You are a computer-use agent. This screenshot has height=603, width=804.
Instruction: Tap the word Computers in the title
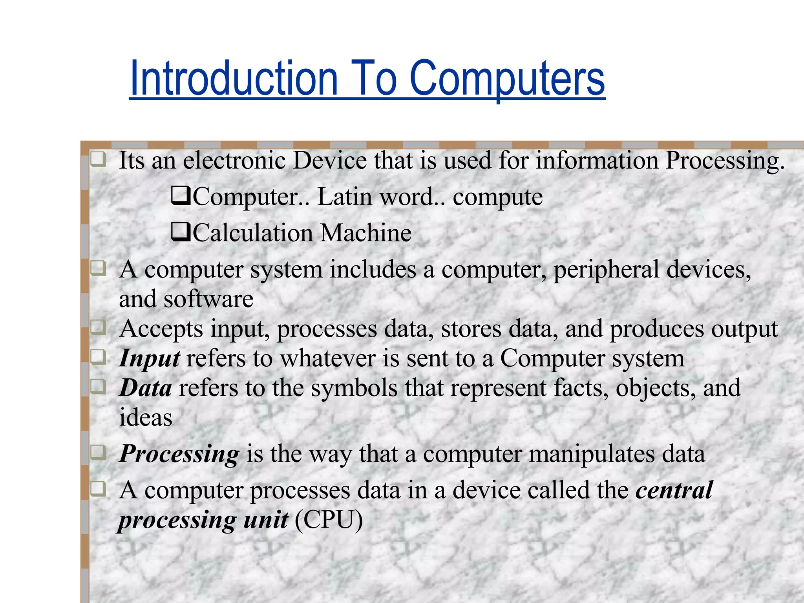tap(507, 79)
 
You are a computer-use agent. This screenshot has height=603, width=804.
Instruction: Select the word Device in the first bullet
tap(329, 161)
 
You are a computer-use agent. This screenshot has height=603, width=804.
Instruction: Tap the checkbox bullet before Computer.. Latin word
tap(181, 196)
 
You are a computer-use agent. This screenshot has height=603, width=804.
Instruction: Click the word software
tap(208, 299)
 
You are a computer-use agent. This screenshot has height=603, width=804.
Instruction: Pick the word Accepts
tap(161, 329)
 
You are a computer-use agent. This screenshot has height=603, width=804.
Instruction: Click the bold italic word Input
tap(150, 358)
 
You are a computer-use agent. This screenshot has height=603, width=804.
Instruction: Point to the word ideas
tap(145, 417)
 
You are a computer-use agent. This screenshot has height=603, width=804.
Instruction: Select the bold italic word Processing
tap(179, 454)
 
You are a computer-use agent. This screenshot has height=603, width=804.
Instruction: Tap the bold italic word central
tap(674, 490)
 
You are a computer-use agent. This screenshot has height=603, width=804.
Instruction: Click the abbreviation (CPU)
tap(329, 520)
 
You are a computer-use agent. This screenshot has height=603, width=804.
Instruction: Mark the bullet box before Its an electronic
tap(98, 160)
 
